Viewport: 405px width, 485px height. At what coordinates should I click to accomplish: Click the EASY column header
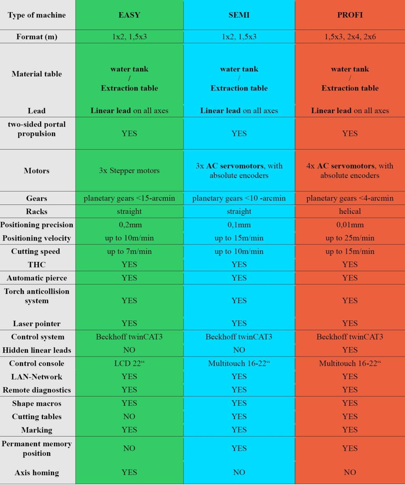(x=129, y=15)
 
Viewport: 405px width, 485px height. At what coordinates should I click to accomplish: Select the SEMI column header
(x=239, y=15)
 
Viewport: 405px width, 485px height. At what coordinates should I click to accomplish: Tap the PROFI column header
(x=350, y=15)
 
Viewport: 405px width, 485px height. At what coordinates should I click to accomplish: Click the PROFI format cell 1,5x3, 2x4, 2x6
(x=350, y=37)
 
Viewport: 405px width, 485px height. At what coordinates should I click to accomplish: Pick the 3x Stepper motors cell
(x=129, y=171)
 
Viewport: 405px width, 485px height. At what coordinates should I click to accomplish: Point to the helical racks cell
(x=350, y=211)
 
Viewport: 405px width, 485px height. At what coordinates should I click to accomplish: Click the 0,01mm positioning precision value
(x=350, y=225)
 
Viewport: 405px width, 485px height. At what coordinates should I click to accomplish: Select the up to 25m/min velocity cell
(x=350, y=238)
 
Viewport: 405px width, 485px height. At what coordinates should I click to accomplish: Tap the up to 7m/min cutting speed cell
(x=129, y=251)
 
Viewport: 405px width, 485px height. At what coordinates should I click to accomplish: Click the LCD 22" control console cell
(x=129, y=363)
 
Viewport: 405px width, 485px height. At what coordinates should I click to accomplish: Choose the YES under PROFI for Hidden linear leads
(x=350, y=350)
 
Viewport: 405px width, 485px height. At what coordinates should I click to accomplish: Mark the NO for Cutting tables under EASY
(x=129, y=417)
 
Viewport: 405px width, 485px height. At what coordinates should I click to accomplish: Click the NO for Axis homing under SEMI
(x=239, y=472)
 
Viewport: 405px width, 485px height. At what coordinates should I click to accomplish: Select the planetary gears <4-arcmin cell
(x=350, y=198)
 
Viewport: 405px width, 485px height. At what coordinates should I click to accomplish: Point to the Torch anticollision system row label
(x=37, y=296)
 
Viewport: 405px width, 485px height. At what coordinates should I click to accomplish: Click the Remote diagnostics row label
(x=37, y=390)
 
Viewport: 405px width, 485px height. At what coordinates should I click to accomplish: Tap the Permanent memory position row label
(x=37, y=448)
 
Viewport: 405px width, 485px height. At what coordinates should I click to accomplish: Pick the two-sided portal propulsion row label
(x=37, y=129)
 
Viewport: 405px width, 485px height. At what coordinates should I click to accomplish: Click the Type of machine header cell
(x=37, y=15)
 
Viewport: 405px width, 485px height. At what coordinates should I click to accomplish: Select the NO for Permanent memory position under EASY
(x=129, y=448)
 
